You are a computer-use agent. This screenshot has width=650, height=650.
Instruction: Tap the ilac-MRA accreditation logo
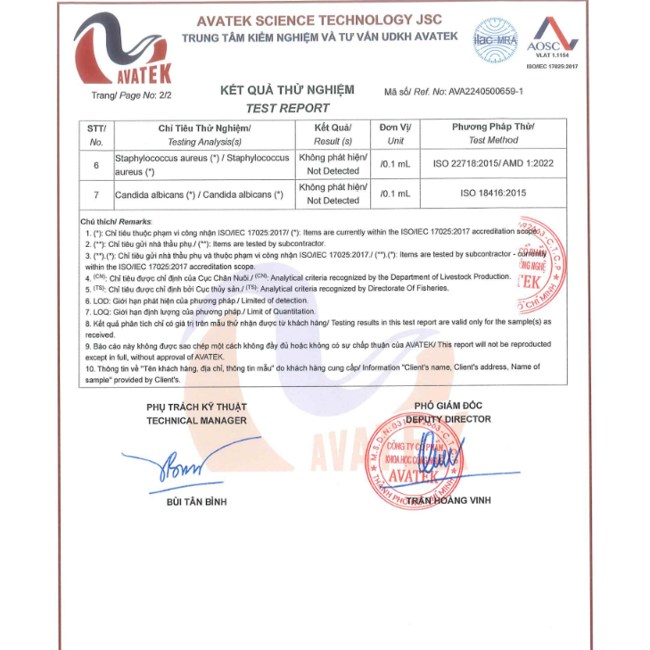pos(495,40)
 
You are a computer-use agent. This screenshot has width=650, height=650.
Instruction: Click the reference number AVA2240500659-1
pos(485,91)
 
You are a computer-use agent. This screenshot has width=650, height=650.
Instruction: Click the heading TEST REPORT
pos(287,108)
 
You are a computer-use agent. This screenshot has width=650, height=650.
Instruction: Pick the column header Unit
pos(396,141)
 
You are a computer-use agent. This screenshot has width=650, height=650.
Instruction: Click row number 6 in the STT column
pos(96,164)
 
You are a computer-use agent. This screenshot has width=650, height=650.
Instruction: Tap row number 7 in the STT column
pos(96,193)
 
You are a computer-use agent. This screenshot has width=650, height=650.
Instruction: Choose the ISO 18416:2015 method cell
pos(493,193)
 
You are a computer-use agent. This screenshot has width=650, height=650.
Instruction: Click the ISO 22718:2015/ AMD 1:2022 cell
pos(493,164)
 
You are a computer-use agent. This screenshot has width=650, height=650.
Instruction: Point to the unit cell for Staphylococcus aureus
pos(395,164)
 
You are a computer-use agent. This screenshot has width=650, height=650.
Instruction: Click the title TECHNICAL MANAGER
pos(196,420)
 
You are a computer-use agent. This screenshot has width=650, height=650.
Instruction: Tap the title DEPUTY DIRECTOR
pos(448,419)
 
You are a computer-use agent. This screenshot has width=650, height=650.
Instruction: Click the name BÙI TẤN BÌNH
pos(197,502)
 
